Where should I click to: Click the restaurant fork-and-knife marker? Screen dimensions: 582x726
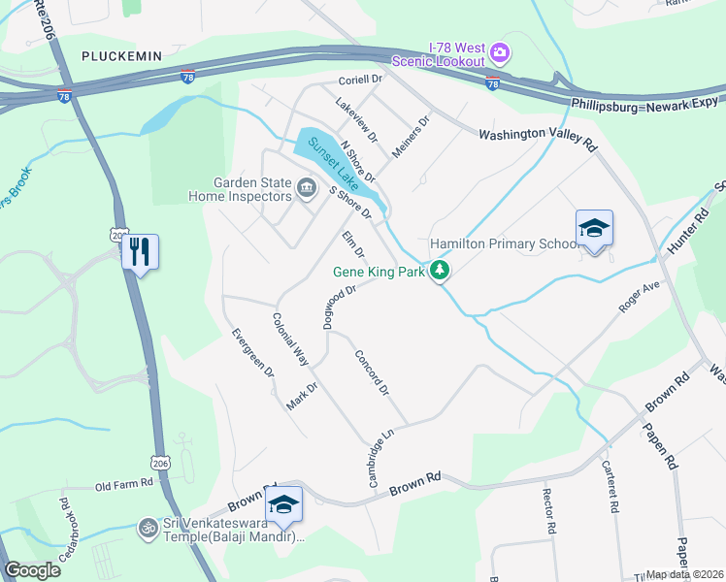click(x=139, y=252)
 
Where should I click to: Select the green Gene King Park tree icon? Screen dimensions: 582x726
click(x=441, y=271)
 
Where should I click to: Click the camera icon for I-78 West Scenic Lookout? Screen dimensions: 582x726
click(x=500, y=50)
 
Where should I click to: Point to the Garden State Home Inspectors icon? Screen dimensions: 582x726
click(x=308, y=187)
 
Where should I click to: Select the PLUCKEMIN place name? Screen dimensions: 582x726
click(x=121, y=57)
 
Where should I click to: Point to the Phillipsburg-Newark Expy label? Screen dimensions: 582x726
click(x=644, y=102)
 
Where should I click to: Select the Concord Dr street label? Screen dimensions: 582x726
click(x=371, y=372)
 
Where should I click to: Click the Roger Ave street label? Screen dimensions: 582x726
click(x=640, y=296)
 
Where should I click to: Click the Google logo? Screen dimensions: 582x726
click(x=32, y=569)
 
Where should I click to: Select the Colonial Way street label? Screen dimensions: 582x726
click(x=289, y=338)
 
